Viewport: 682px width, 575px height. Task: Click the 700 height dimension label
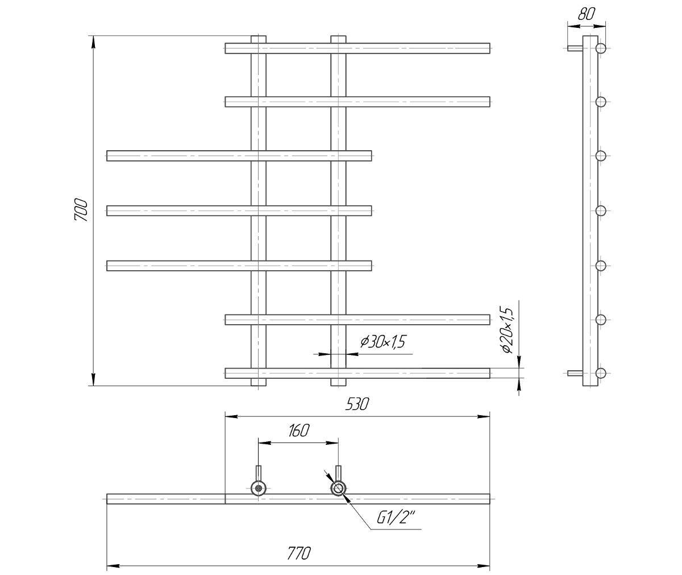pos(81,210)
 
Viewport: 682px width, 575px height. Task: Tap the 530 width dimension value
pos(357,404)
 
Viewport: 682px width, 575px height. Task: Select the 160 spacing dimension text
pos(298,431)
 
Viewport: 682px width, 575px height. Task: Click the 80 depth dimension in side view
pos(587,14)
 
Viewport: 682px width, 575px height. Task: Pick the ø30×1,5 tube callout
pos(383,342)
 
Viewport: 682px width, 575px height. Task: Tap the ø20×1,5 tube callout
pos(508,330)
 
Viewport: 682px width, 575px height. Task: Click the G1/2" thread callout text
pos(396,518)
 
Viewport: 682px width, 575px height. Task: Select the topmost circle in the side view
pos(600,48)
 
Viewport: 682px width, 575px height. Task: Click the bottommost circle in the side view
pos(600,373)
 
